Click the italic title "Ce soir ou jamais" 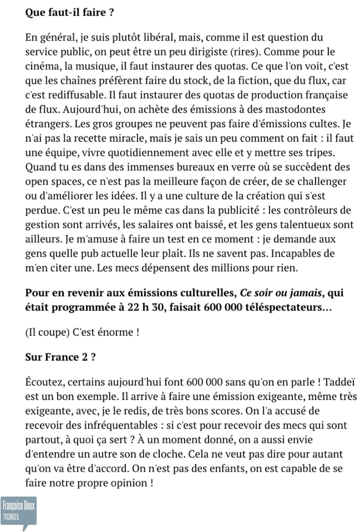[281, 293]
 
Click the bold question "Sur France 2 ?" [60, 357]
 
